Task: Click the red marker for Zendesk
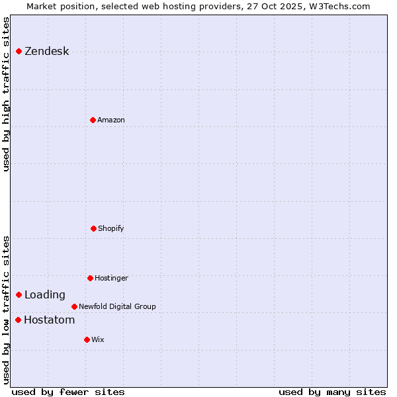(19, 52)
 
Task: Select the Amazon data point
(93, 120)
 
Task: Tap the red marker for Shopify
(93, 228)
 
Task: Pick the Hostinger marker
(90, 278)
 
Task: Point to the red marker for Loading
(19, 294)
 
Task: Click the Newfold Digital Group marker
(74, 306)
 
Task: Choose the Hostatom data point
(18, 320)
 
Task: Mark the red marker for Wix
(87, 339)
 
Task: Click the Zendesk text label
(46, 52)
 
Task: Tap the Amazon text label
(111, 120)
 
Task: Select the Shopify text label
(111, 228)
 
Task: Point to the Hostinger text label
(111, 278)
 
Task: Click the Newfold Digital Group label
(117, 306)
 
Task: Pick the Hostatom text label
(49, 320)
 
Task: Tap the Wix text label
(98, 339)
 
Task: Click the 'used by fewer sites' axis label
(68, 392)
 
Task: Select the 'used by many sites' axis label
(332, 392)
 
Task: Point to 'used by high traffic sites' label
(7, 94)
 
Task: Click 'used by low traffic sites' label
(7, 309)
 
